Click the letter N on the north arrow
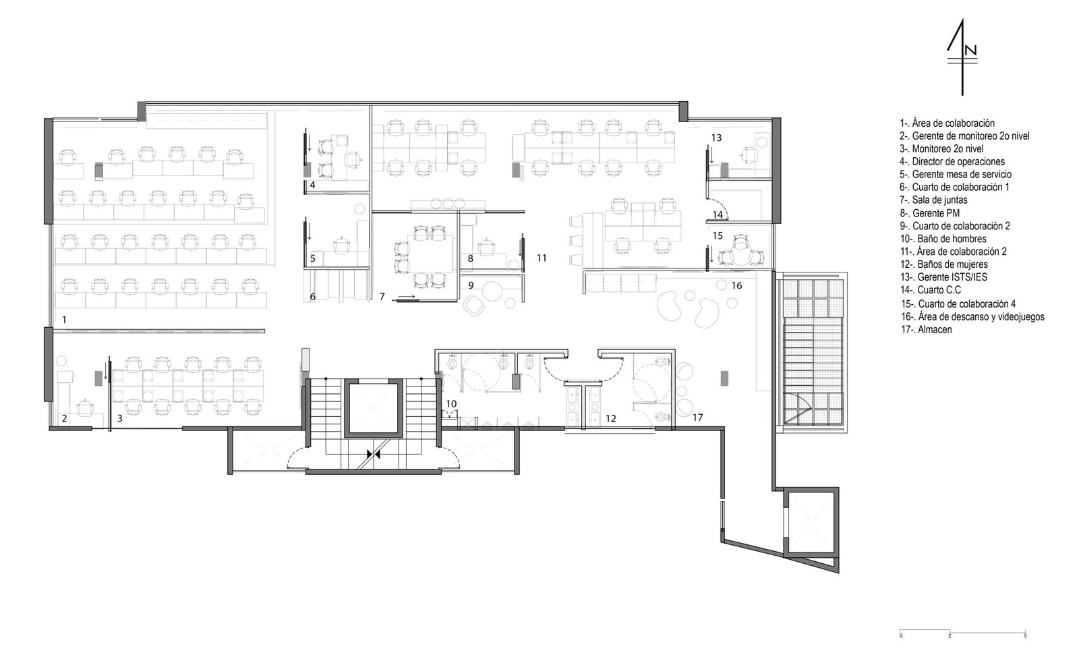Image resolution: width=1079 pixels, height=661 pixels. click(970, 50)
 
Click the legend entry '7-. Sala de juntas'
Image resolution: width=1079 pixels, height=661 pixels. click(933, 200)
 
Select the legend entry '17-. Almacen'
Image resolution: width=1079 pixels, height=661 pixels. click(927, 330)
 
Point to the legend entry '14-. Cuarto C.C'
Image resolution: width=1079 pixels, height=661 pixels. click(931, 290)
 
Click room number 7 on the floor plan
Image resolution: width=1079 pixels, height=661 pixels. click(382, 297)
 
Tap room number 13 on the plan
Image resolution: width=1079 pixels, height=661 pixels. click(716, 138)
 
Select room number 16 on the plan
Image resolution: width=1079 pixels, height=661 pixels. click(736, 286)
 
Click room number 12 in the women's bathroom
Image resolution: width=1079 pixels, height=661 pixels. click(611, 419)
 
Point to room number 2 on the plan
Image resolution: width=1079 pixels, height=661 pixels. click(64, 419)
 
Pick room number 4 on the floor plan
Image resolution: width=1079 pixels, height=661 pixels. click(313, 185)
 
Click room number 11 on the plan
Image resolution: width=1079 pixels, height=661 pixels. click(542, 258)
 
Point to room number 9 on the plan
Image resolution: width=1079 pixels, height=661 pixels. click(471, 286)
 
